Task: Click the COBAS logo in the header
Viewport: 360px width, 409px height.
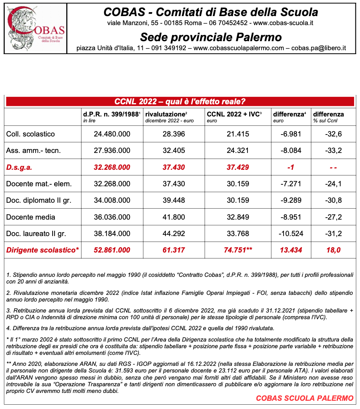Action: pos(36,28)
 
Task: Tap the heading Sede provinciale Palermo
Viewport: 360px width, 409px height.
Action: pos(211,37)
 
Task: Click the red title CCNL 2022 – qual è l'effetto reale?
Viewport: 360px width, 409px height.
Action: pos(180,102)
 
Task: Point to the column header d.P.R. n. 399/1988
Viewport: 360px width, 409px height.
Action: pos(111,115)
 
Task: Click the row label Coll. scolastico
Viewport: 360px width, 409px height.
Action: pos(31,134)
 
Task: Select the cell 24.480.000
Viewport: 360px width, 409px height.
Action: pos(112,134)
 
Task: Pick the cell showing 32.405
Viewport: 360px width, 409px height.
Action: pos(174,151)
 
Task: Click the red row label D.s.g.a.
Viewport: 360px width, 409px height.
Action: pos(19,167)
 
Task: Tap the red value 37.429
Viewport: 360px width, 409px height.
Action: pos(238,167)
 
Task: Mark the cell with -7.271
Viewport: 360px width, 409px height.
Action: pos(291,184)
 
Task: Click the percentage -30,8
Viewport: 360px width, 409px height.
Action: pos(333,200)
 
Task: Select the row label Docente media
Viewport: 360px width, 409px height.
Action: pos(31,217)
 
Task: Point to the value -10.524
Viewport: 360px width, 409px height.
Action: pos(291,234)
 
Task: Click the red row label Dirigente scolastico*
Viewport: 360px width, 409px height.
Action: pos(43,250)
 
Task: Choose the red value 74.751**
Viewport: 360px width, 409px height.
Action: pos(238,250)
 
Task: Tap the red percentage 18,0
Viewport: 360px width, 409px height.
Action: pos(333,250)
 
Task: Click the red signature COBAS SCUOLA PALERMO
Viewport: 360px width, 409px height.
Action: pos(305,398)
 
